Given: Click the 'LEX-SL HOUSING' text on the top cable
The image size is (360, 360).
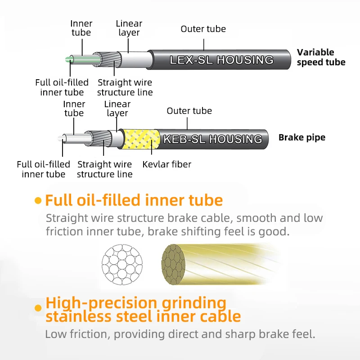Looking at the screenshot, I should (x=221, y=60).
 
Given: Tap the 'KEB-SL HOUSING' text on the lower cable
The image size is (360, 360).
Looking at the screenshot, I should (x=212, y=139).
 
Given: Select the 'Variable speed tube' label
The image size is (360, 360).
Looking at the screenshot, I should (x=321, y=57).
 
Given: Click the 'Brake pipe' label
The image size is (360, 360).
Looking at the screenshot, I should (x=301, y=137).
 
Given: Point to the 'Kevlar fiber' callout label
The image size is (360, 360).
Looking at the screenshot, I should (x=166, y=164).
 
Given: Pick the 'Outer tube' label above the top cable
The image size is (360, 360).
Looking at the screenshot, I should (x=203, y=29).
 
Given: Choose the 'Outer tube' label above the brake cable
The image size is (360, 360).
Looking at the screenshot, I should (x=189, y=111).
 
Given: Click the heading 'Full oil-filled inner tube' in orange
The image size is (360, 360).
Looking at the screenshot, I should (x=134, y=200).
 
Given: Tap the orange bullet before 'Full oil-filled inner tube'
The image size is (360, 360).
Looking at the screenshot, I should (x=38, y=201).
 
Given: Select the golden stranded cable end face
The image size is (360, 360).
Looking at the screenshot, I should (x=173, y=264).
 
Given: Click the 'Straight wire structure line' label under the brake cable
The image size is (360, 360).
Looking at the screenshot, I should (x=104, y=169).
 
